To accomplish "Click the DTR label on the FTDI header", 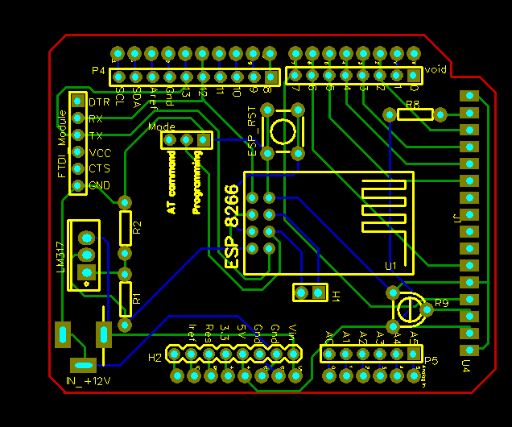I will pyautogui.click(x=99, y=102).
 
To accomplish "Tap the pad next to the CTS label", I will pyautogui.click(x=78, y=168).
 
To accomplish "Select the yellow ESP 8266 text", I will pyautogui.click(x=232, y=226).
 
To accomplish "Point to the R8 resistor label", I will pyautogui.click(x=412, y=105).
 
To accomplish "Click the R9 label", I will pyautogui.click(x=441, y=304).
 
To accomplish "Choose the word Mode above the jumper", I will pyautogui.click(x=162, y=126).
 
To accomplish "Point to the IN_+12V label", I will pyautogui.click(x=88, y=380).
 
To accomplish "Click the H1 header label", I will pyautogui.click(x=336, y=296).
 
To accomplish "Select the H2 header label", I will pyautogui.click(x=155, y=357).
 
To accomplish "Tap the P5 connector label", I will pyautogui.click(x=431, y=360).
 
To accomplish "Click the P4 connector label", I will pyautogui.click(x=98, y=71).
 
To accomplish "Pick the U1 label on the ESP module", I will pyautogui.click(x=390, y=265).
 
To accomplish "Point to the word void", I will pyautogui.click(x=436, y=69).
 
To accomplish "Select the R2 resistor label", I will pyautogui.click(x=137, y=227).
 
